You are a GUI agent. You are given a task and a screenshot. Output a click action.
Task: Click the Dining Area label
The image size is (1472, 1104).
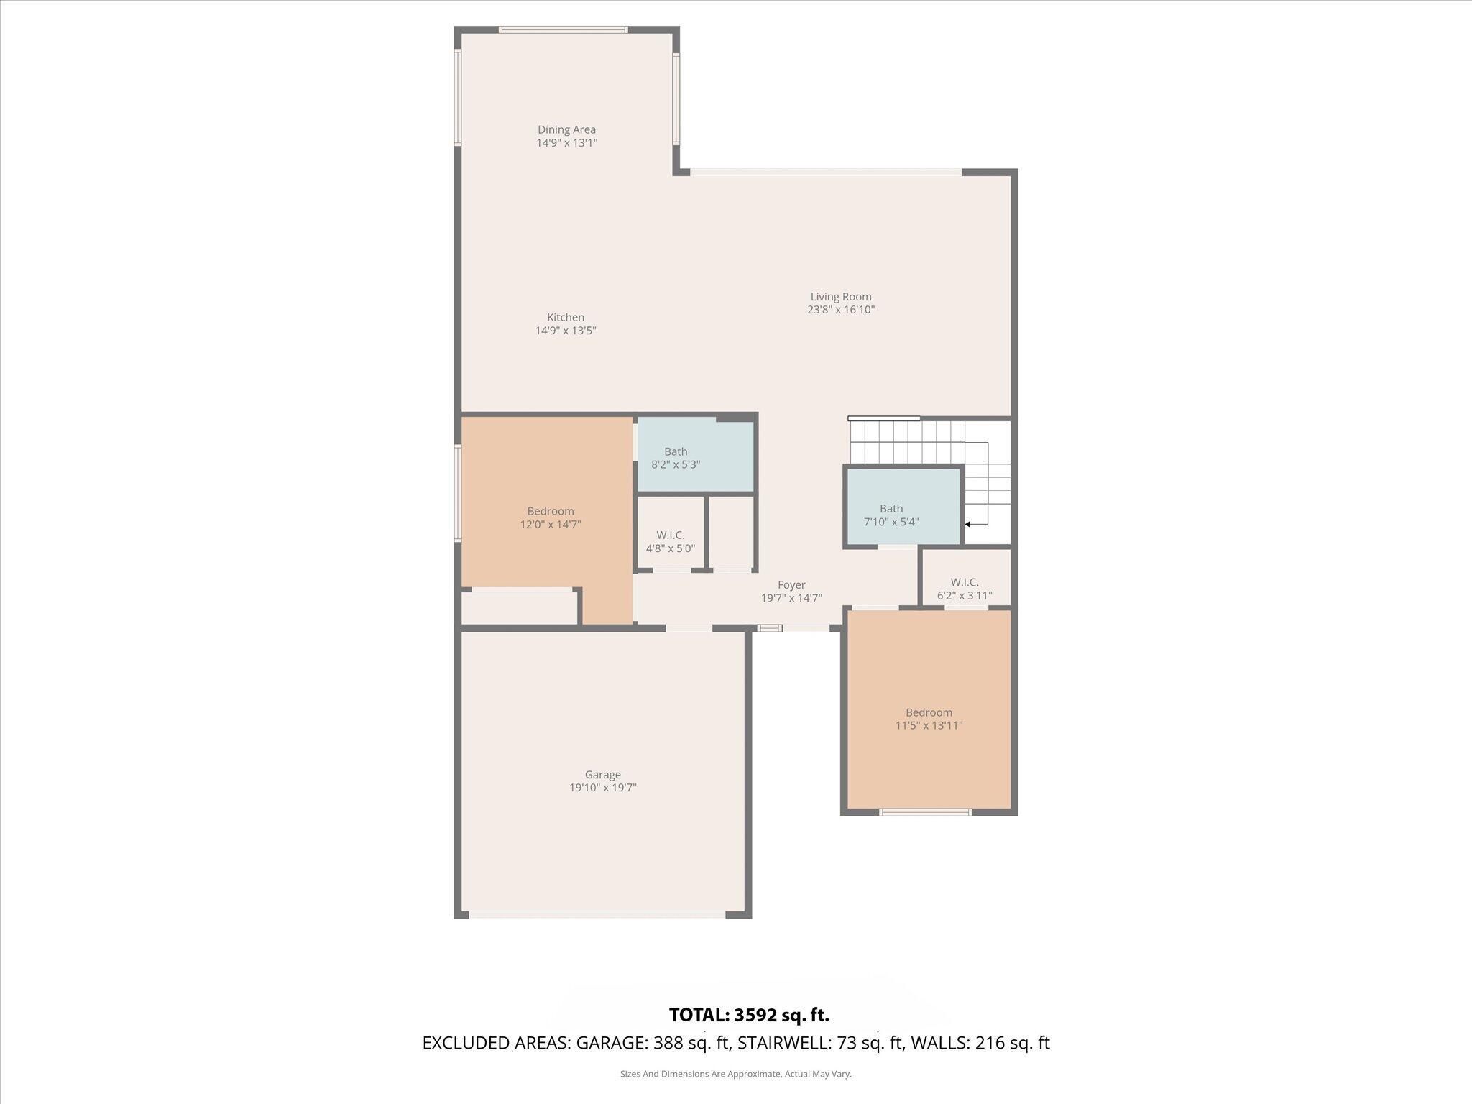click(566, 130)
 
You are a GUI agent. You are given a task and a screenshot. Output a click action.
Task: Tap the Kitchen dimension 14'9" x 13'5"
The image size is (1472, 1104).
click(566, 331)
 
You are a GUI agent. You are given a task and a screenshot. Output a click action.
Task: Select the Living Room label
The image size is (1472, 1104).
click(840, 297)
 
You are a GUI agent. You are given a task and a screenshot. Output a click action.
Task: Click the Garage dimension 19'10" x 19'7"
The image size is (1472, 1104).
click(602, 788)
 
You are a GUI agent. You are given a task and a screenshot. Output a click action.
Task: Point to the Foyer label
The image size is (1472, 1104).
click(791, 585)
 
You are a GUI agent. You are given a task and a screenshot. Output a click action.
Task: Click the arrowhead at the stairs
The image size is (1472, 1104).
click(968, 525)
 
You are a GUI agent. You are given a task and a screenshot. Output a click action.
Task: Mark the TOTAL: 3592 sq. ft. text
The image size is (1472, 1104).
click(749, 1015)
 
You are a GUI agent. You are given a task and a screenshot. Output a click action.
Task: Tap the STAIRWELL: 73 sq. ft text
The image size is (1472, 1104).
click(820, 1043)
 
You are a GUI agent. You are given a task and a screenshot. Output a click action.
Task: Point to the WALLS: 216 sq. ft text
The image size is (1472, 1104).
click(980, 1043)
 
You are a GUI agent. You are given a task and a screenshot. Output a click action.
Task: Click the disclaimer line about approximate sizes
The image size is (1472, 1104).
click(735, 1074)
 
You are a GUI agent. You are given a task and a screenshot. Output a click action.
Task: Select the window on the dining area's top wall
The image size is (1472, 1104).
click(563, 29)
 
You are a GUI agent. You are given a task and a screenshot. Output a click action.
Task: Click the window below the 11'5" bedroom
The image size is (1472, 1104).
click(926, 812)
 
